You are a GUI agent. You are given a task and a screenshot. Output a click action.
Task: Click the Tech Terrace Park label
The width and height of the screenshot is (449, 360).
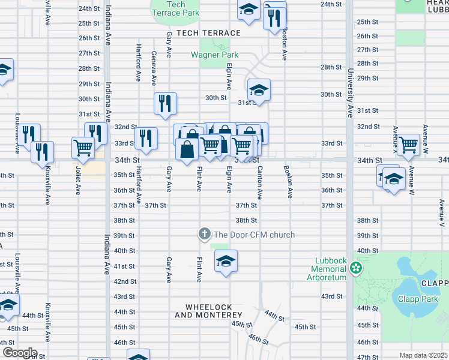click(x=175, y=8)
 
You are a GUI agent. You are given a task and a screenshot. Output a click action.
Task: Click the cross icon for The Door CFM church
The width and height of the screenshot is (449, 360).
click(x=204, y=234)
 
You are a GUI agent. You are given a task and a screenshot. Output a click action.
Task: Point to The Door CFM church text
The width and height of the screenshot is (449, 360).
click(x=254, y=235)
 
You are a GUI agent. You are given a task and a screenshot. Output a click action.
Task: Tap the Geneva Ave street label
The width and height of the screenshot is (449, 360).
click(x=154, y=68)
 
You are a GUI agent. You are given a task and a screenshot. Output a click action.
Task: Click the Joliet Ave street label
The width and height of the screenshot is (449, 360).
click(x=78, y=181)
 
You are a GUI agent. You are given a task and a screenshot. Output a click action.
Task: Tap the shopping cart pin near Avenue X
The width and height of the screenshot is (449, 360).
click(x=408, y=144)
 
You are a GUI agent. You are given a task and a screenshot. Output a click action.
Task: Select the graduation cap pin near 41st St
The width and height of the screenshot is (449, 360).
click(x=226, y=261)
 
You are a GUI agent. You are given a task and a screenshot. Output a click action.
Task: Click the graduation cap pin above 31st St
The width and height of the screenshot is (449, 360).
click(x=259, y=90)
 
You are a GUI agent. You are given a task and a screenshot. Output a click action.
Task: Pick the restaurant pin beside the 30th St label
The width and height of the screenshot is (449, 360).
click(x=165, y=103)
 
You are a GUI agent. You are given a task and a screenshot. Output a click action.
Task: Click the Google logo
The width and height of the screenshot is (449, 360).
click(x=19, y=353)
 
